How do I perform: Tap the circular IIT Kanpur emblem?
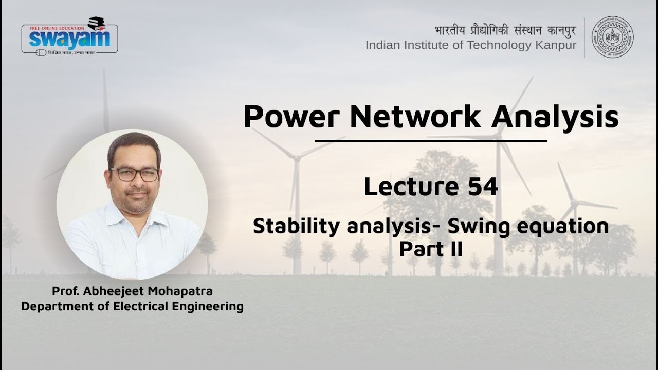coord(613,36)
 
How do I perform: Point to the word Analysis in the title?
coord(555,117)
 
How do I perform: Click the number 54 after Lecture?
coord(483,187)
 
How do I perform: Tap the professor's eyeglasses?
coord(135,174)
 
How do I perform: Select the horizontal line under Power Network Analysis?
coord(431,140)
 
